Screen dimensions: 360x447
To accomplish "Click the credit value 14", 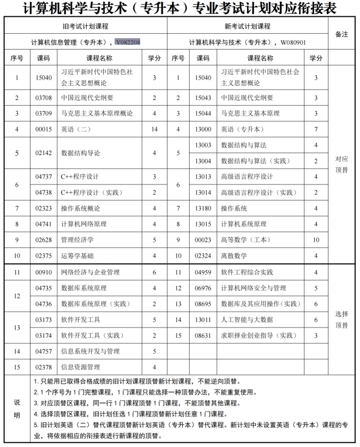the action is click(x=154, y=129).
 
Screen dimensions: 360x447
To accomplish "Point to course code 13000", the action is click(x=203, y=129).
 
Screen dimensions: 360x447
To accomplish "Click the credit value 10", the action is click(x=316, y=240).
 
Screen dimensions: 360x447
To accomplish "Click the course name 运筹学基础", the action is click(x=77, y=255).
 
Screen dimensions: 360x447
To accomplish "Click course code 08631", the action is click(x=203, y=335).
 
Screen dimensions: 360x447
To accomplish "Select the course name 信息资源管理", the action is click(x=81, y=367).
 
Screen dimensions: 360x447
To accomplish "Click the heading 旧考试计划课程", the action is click(x=85, y=26).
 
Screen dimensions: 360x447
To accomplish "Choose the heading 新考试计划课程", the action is click(x=248, y=26).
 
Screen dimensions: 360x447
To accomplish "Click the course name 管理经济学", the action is click(x=77, y=240).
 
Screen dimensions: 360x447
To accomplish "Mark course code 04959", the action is click(x=203, y=272).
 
